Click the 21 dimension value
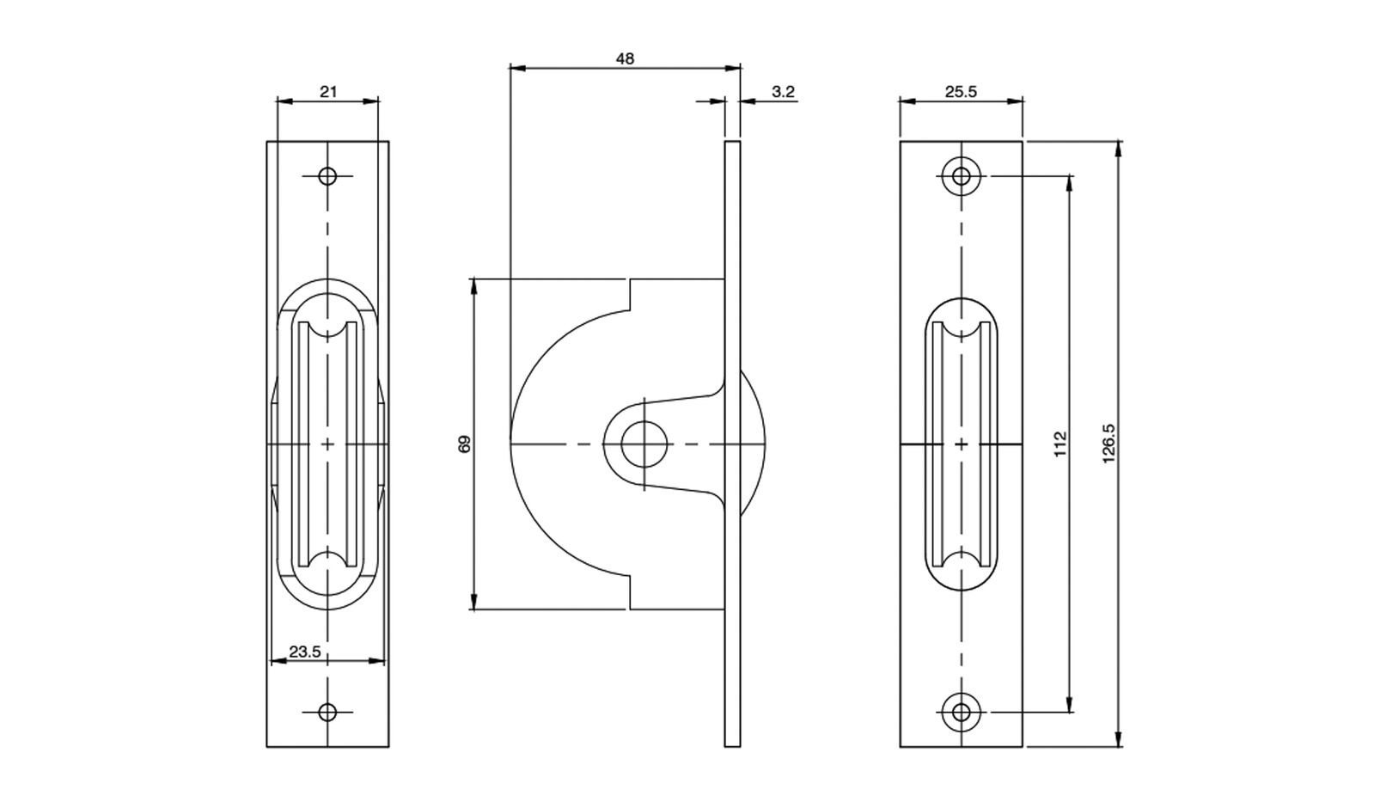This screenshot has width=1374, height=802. (328, 91)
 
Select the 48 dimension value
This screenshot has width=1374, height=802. (625, 58)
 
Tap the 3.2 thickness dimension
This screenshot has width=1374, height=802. (783, 91)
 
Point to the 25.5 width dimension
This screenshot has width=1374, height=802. (961, 91)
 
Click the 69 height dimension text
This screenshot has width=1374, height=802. (465, 444)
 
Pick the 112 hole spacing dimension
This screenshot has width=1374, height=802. (1060, 444)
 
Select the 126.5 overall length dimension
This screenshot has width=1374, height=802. (1108, 444)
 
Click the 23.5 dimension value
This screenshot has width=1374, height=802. (304, 652)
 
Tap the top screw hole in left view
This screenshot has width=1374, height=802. (327, 176)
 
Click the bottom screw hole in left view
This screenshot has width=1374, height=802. (327, 712)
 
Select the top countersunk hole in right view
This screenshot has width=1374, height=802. (961, 176)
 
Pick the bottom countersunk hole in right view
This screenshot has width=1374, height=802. (961, 712)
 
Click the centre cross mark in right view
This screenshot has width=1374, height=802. (961, 444)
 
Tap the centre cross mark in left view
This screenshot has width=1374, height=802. (327, 444)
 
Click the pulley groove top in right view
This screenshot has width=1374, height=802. (961, 330)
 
